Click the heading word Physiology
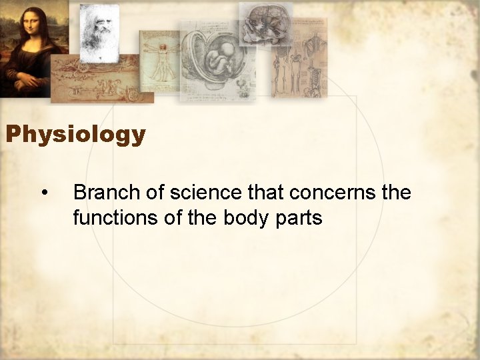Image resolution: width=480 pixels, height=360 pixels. pyautogui.click(x=75, y=135)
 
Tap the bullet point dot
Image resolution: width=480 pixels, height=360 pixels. pyautogui.click(x=44, y=193)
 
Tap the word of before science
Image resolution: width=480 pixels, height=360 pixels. pyautogui.click(x=155, y=193)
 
